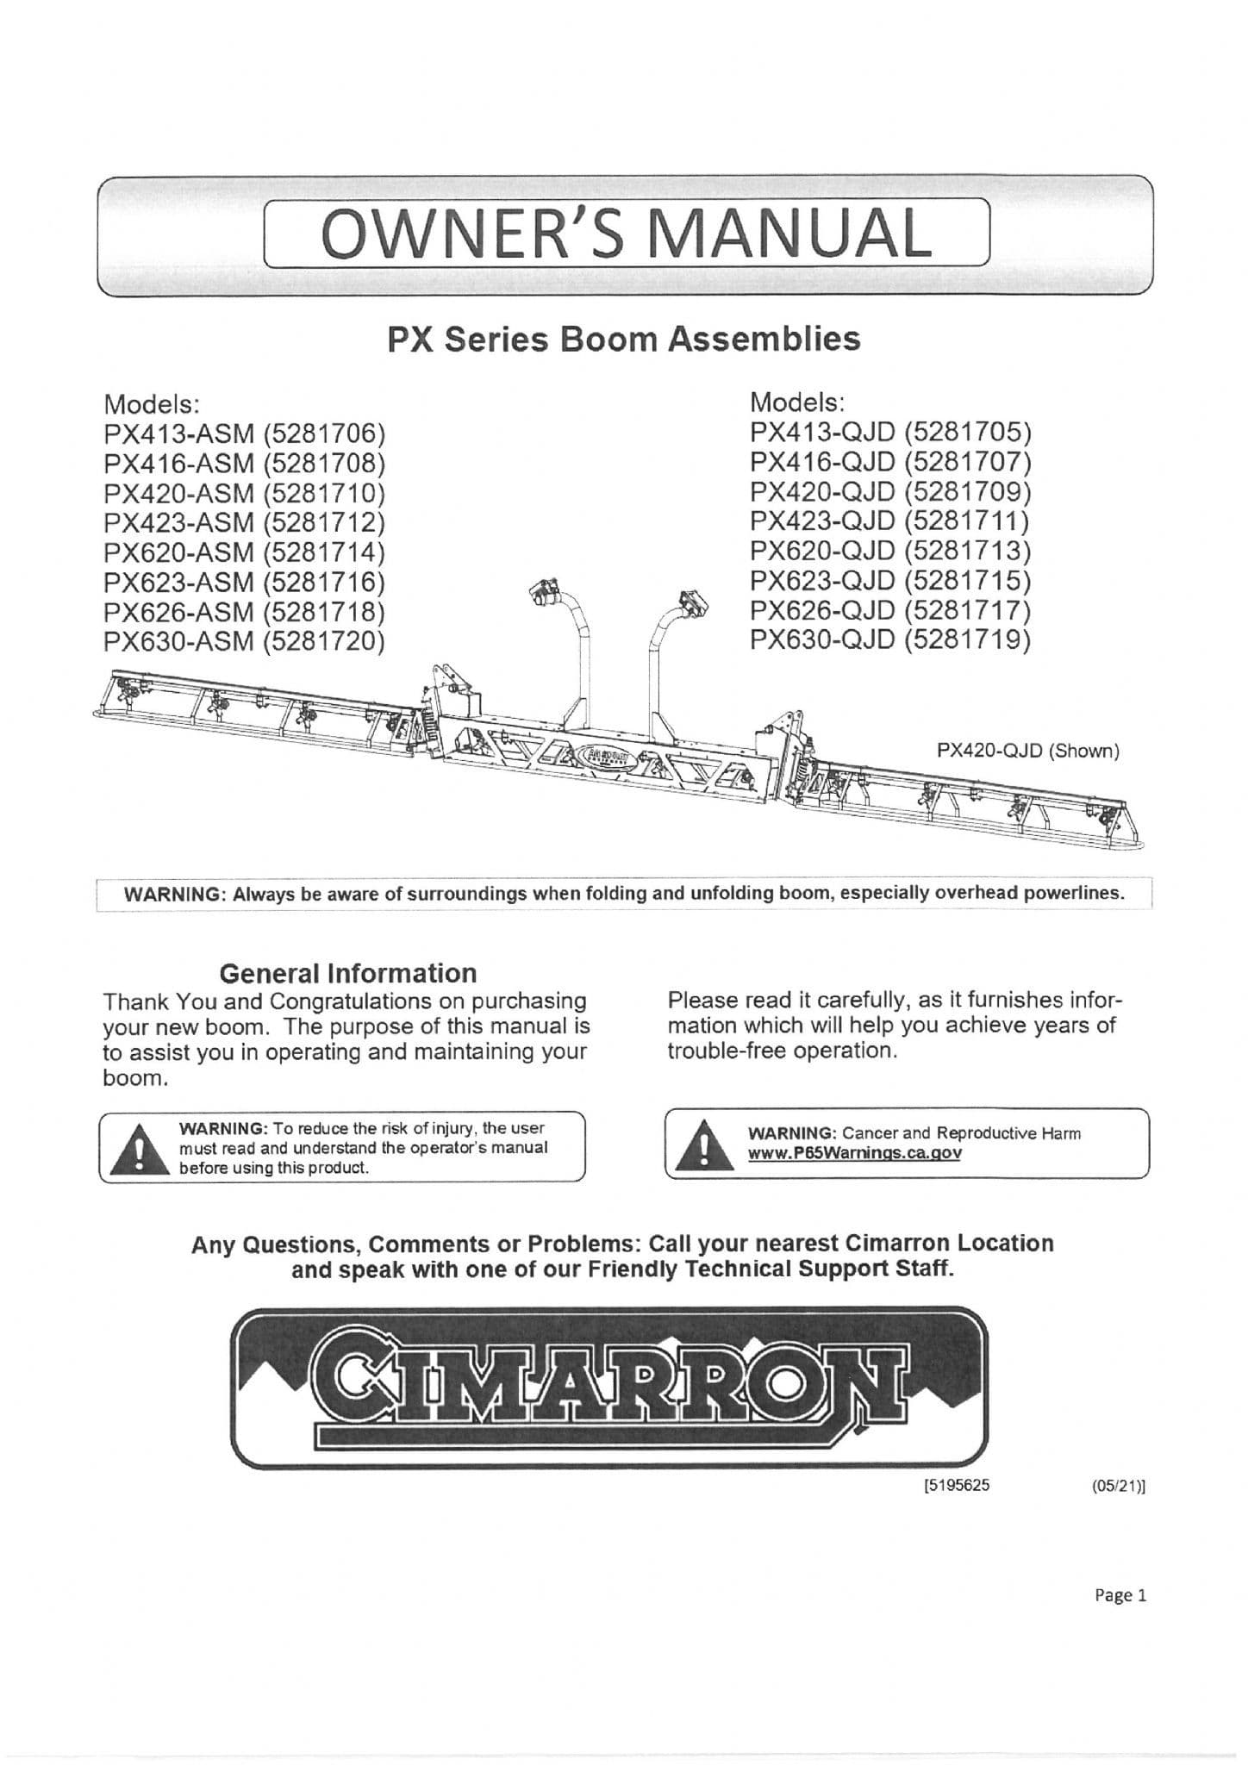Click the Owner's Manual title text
626,233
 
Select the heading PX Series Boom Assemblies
624,339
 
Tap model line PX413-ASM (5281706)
243,433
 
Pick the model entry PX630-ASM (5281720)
243,641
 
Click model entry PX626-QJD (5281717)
890,610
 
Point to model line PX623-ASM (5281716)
243,582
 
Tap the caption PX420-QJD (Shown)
1027,751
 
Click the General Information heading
347,973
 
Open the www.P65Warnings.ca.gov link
854,1153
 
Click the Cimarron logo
609,1387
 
